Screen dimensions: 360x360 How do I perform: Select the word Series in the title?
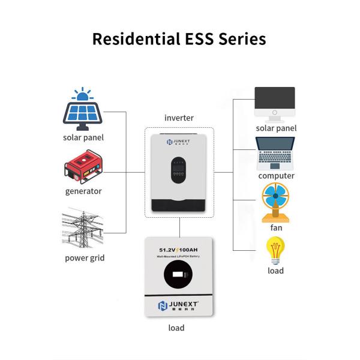click(242, 39)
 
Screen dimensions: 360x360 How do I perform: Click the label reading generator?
click(83, 191)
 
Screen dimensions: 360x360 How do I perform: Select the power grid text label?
click(85, 259)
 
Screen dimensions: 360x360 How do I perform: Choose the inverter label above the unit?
click(179, 118)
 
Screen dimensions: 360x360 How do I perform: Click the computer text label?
click(276, 176)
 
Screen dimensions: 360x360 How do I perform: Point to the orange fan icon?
click(275, 202)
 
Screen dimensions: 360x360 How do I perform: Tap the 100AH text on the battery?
click(193, 250)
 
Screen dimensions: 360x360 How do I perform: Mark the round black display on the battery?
click(179, 275)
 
